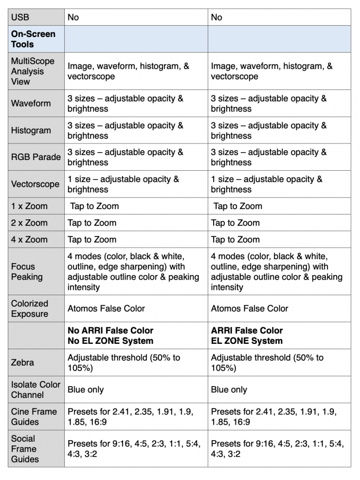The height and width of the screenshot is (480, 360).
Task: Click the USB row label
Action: (x=20, y=18)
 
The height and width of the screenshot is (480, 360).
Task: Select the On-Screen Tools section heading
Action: (x=34, y=39)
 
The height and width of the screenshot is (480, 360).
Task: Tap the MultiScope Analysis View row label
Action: (x=33, y=71)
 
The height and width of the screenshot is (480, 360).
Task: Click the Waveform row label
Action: (x=31, y=104)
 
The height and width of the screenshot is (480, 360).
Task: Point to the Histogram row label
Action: (x=31, y=130)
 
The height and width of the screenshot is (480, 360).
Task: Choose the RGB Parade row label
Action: (x=36, y=157)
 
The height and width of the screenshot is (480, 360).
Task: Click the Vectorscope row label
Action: (x=35, y=184)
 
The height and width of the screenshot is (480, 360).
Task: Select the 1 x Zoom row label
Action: (x=29, y=206)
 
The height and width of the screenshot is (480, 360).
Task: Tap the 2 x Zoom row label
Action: (x=29, y=223)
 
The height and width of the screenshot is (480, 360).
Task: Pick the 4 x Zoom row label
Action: (x=29, y=239)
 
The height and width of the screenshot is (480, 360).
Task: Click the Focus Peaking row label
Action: (x=27, y=271)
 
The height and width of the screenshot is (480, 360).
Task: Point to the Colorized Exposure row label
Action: (x=30, y=308)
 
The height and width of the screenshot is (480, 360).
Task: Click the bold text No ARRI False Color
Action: (x=110, y=331)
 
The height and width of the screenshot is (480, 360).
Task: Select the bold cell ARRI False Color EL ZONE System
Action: (x=247, y=336)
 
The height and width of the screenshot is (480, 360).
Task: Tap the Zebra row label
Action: (x=22, y=362)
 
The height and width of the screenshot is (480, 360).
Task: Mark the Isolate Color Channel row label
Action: (x=36, y=389)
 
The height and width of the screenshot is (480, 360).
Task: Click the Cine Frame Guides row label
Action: (x=34, y=416)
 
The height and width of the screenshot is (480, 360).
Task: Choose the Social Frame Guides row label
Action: (x=24, y=449)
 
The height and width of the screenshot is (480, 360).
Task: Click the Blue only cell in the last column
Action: (x=229, y=390)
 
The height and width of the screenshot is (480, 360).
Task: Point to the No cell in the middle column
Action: (x=73, y=18)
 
